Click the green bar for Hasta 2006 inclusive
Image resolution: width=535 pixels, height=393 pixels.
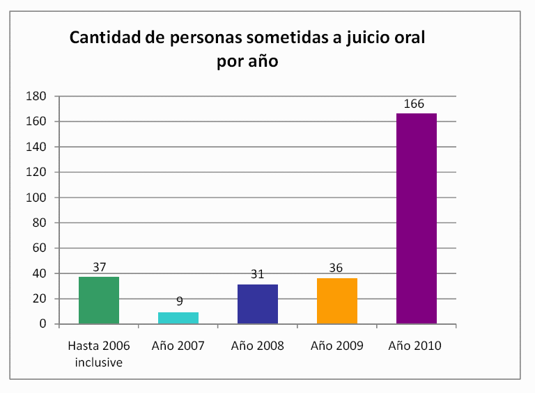(99, 300)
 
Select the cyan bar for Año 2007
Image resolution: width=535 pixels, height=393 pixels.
(178, 318)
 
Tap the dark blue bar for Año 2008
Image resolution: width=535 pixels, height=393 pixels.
(258, 304)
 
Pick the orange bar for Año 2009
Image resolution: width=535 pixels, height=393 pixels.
(337, 301)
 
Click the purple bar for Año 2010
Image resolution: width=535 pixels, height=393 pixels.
(417, 218)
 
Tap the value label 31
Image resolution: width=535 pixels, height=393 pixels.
(258, 275)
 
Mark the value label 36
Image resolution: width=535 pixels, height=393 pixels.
(337, 268)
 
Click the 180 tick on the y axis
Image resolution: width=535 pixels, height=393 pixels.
(37, 96)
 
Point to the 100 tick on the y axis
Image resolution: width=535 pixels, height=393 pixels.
(37, 198)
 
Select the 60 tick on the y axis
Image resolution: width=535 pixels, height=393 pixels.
(40, 248)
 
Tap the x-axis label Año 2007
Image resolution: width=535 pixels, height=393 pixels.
(178, 346)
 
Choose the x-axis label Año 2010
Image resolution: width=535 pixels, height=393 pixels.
(417, 346)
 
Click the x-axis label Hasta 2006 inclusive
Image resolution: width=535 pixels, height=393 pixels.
(99, 352)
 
